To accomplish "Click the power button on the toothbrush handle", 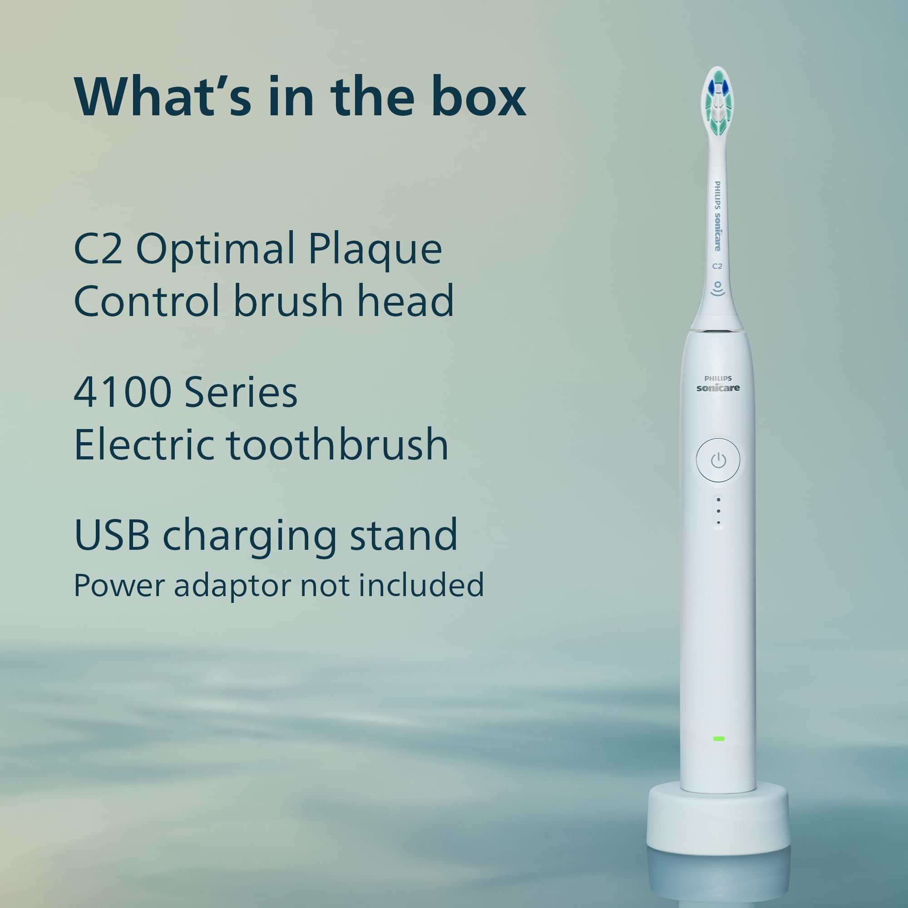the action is point(718,460).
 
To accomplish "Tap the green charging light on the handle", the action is point(719,738).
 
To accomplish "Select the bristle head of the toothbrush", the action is point(718,101).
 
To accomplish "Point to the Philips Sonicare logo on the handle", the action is point(718,384).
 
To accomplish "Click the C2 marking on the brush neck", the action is point(717,266).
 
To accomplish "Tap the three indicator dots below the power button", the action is point(719,511).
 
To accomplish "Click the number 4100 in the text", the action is point(123,391).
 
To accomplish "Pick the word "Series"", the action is point(241,391).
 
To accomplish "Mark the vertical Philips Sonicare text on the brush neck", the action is point(718,216).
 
